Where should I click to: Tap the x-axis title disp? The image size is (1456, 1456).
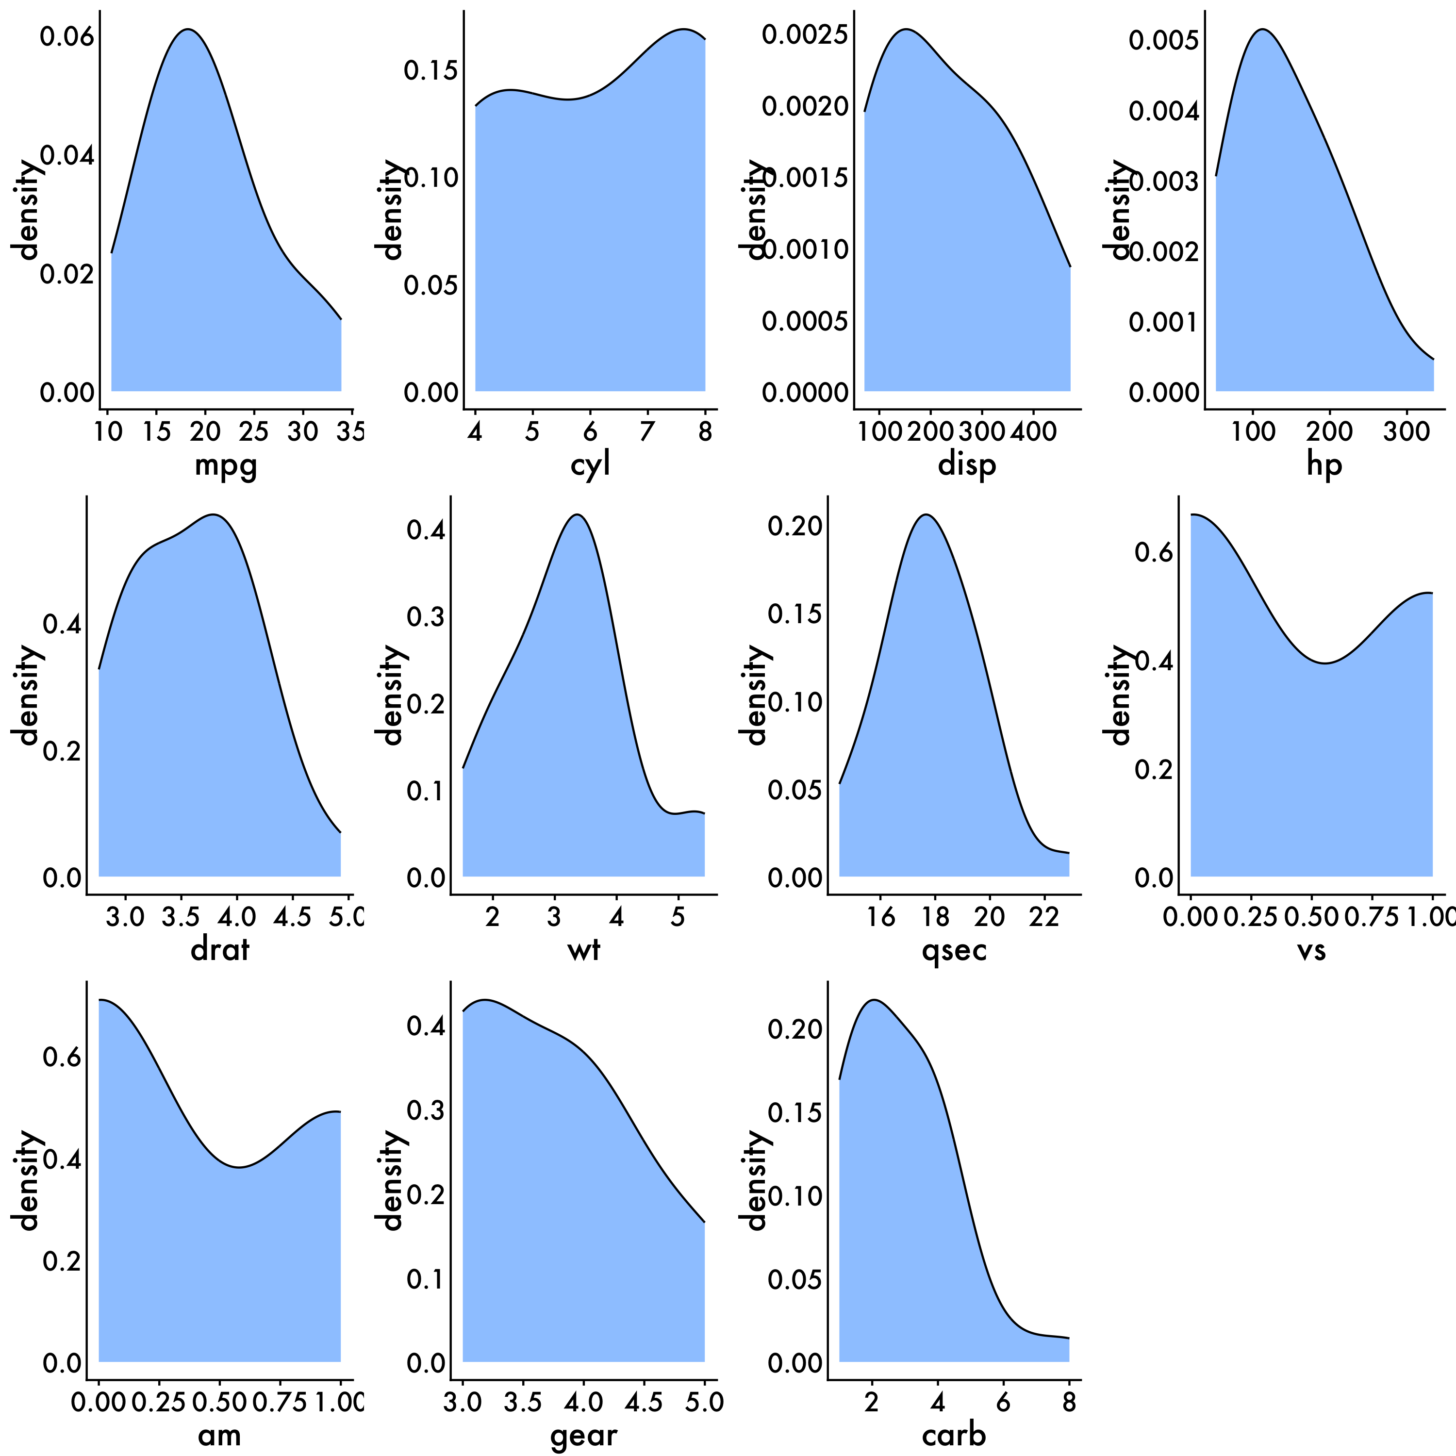967,465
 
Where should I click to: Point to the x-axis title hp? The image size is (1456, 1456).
1324,465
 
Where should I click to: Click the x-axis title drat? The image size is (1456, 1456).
219,950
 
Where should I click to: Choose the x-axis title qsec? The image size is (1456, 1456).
954,950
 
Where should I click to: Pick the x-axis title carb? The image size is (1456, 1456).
954,1436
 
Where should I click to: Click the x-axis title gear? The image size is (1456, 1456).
583,1436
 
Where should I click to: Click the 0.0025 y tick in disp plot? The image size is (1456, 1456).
805,34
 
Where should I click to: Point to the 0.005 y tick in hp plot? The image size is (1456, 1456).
1164,39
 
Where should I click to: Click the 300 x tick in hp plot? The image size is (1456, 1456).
1406,432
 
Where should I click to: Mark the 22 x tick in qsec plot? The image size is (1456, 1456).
1044,917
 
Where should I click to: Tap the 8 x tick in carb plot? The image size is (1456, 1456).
1069,1403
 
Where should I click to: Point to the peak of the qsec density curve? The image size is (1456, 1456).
926,515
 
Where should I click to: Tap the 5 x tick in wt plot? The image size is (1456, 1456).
678,917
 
